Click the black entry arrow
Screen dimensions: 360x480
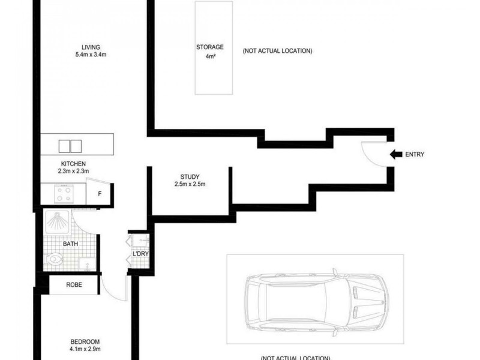[396, 154]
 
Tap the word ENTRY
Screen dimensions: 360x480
[415, 155]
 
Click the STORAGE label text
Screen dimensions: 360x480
[210, 47]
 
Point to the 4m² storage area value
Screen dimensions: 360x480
[210, 58]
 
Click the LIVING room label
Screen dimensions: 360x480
[91, 47]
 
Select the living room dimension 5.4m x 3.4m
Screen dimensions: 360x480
[91, 55]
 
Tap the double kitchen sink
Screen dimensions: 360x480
[70, 146]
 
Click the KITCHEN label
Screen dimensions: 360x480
[73, 164]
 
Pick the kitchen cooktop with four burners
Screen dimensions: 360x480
[64, 194]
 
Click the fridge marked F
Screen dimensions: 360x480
[98, 194]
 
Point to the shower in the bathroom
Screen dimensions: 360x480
[58, 223]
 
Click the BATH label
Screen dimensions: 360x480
[71, 244]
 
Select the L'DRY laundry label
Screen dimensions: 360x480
[140, 254]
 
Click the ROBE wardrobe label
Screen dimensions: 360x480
[74, 286]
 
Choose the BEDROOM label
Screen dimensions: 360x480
[85, 341]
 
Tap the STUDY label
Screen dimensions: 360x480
[190, 176]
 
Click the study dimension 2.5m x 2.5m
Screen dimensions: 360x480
[190, 184]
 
